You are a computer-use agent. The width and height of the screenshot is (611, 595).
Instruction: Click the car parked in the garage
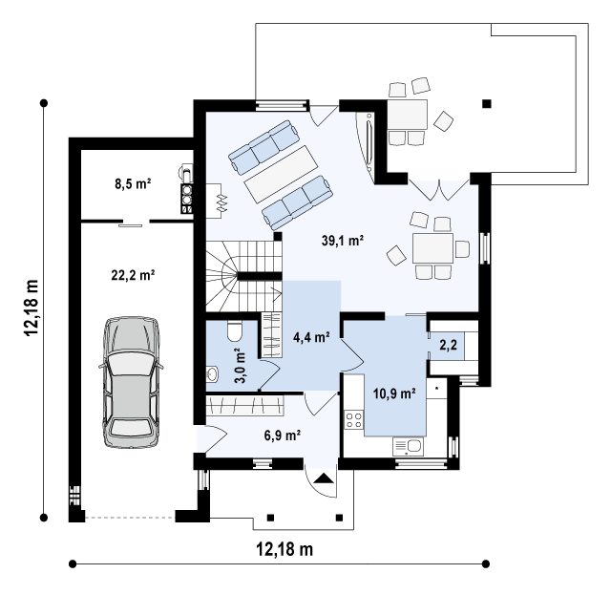[132, 382]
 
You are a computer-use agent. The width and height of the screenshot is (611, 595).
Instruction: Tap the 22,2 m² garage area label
[134, 275]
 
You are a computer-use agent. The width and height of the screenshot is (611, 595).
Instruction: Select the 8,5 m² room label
[133, 183]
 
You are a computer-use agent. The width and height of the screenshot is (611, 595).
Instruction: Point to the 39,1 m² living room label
[343, 241]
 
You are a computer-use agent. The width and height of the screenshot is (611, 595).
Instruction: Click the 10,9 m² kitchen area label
[394, 393]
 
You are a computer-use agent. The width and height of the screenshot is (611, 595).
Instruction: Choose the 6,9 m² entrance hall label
[283, 436]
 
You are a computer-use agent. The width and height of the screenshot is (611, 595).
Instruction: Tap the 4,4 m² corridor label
[312, 337]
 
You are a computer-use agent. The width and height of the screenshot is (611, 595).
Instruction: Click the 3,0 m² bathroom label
[241, 366]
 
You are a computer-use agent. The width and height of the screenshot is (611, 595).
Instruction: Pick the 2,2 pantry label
[448, 345]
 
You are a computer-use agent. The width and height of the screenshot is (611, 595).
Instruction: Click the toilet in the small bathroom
[235, 331]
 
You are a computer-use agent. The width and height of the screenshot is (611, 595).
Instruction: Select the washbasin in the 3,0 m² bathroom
[212, 374]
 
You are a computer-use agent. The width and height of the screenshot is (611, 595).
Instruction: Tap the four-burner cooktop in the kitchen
[354, 420]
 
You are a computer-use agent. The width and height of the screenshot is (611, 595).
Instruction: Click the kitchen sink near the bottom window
[408, 446]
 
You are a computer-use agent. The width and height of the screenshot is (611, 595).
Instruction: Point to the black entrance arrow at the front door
[324, 478]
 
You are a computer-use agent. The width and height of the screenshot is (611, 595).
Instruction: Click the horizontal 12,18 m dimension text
[284, 549]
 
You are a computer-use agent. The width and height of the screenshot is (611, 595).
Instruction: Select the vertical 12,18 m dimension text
[32, 308]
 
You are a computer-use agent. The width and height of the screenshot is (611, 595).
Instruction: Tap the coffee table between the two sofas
[281, 174]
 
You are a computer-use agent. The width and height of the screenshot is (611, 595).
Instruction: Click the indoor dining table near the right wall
[432, 248]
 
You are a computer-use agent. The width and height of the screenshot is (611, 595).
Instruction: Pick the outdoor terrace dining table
[408, 115]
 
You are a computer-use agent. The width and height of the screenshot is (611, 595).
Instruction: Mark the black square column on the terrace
[487, 104]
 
